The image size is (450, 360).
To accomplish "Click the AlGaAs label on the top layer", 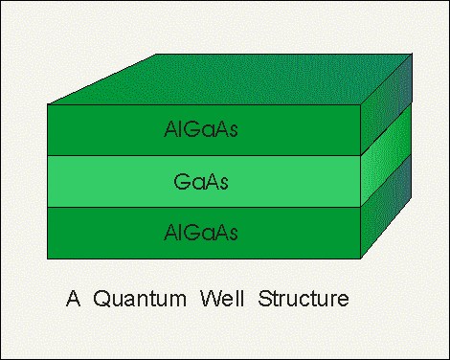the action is tap(201, 129).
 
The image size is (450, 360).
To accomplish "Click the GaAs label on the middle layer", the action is tap(201, 181).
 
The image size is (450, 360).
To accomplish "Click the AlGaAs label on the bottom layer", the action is tap(201, 232).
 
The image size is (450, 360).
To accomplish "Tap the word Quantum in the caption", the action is tap(140, 299).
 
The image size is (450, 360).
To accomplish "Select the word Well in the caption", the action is tap(222, 299).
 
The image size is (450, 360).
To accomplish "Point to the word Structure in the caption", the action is tap(304, 299).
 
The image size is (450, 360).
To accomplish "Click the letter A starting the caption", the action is tap(73, 299).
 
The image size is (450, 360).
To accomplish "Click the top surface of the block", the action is tap(230, 79).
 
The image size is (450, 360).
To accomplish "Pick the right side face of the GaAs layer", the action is tap(386, 155).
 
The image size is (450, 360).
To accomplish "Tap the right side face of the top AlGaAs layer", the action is tap(386, 104).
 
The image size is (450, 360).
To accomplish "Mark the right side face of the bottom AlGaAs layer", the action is tap(386, 207).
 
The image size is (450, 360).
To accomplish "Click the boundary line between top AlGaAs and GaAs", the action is tap(204, 156).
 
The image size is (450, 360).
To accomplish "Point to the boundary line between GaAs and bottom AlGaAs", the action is tap(204, 207).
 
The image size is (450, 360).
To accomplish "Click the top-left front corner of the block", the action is tap(48, 104).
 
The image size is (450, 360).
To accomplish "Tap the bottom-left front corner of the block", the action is tap(48, 259).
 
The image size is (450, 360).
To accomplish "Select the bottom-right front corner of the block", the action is tap(361, 259).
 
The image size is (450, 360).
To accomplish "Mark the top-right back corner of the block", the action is tap(412, 54).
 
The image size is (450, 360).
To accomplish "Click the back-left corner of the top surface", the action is tap(156, 54).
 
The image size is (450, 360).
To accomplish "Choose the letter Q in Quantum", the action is tap(101, 299).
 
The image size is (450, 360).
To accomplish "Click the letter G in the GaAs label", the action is tap(182, 181).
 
